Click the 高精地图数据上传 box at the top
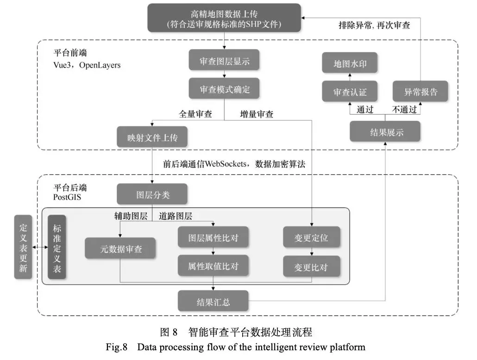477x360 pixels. (224, 18)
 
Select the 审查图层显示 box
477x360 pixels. (225, 60)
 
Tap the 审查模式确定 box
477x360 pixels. (225, 89)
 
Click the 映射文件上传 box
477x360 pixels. (152, 137)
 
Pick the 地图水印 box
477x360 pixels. (350, 63)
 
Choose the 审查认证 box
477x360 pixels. (350, 92)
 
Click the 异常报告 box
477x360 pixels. (421, 92)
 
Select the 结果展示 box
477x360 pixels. (385, 132)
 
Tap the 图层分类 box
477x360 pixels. (152, 194)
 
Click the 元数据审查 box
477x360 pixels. (120, 249)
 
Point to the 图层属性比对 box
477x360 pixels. (213, 238)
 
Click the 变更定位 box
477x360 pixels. (311, 238)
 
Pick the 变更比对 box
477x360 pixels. (311, 267)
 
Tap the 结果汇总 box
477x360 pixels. (213, 302)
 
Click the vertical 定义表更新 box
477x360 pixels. (23, 247)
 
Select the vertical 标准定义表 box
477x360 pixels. (56, 247)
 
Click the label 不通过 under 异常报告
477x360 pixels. (404, 110)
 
